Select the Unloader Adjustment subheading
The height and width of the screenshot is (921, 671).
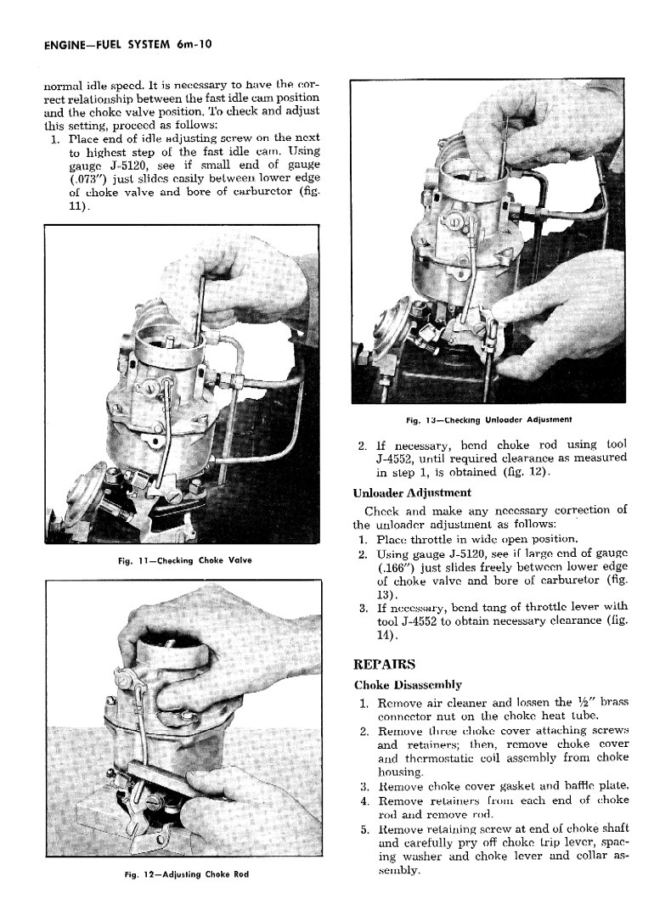coord(412,492)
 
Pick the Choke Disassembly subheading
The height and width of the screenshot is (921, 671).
coord(408,684)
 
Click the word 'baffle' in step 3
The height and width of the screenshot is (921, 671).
coord(569,786)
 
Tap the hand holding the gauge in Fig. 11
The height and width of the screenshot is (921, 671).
coord(246,280)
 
